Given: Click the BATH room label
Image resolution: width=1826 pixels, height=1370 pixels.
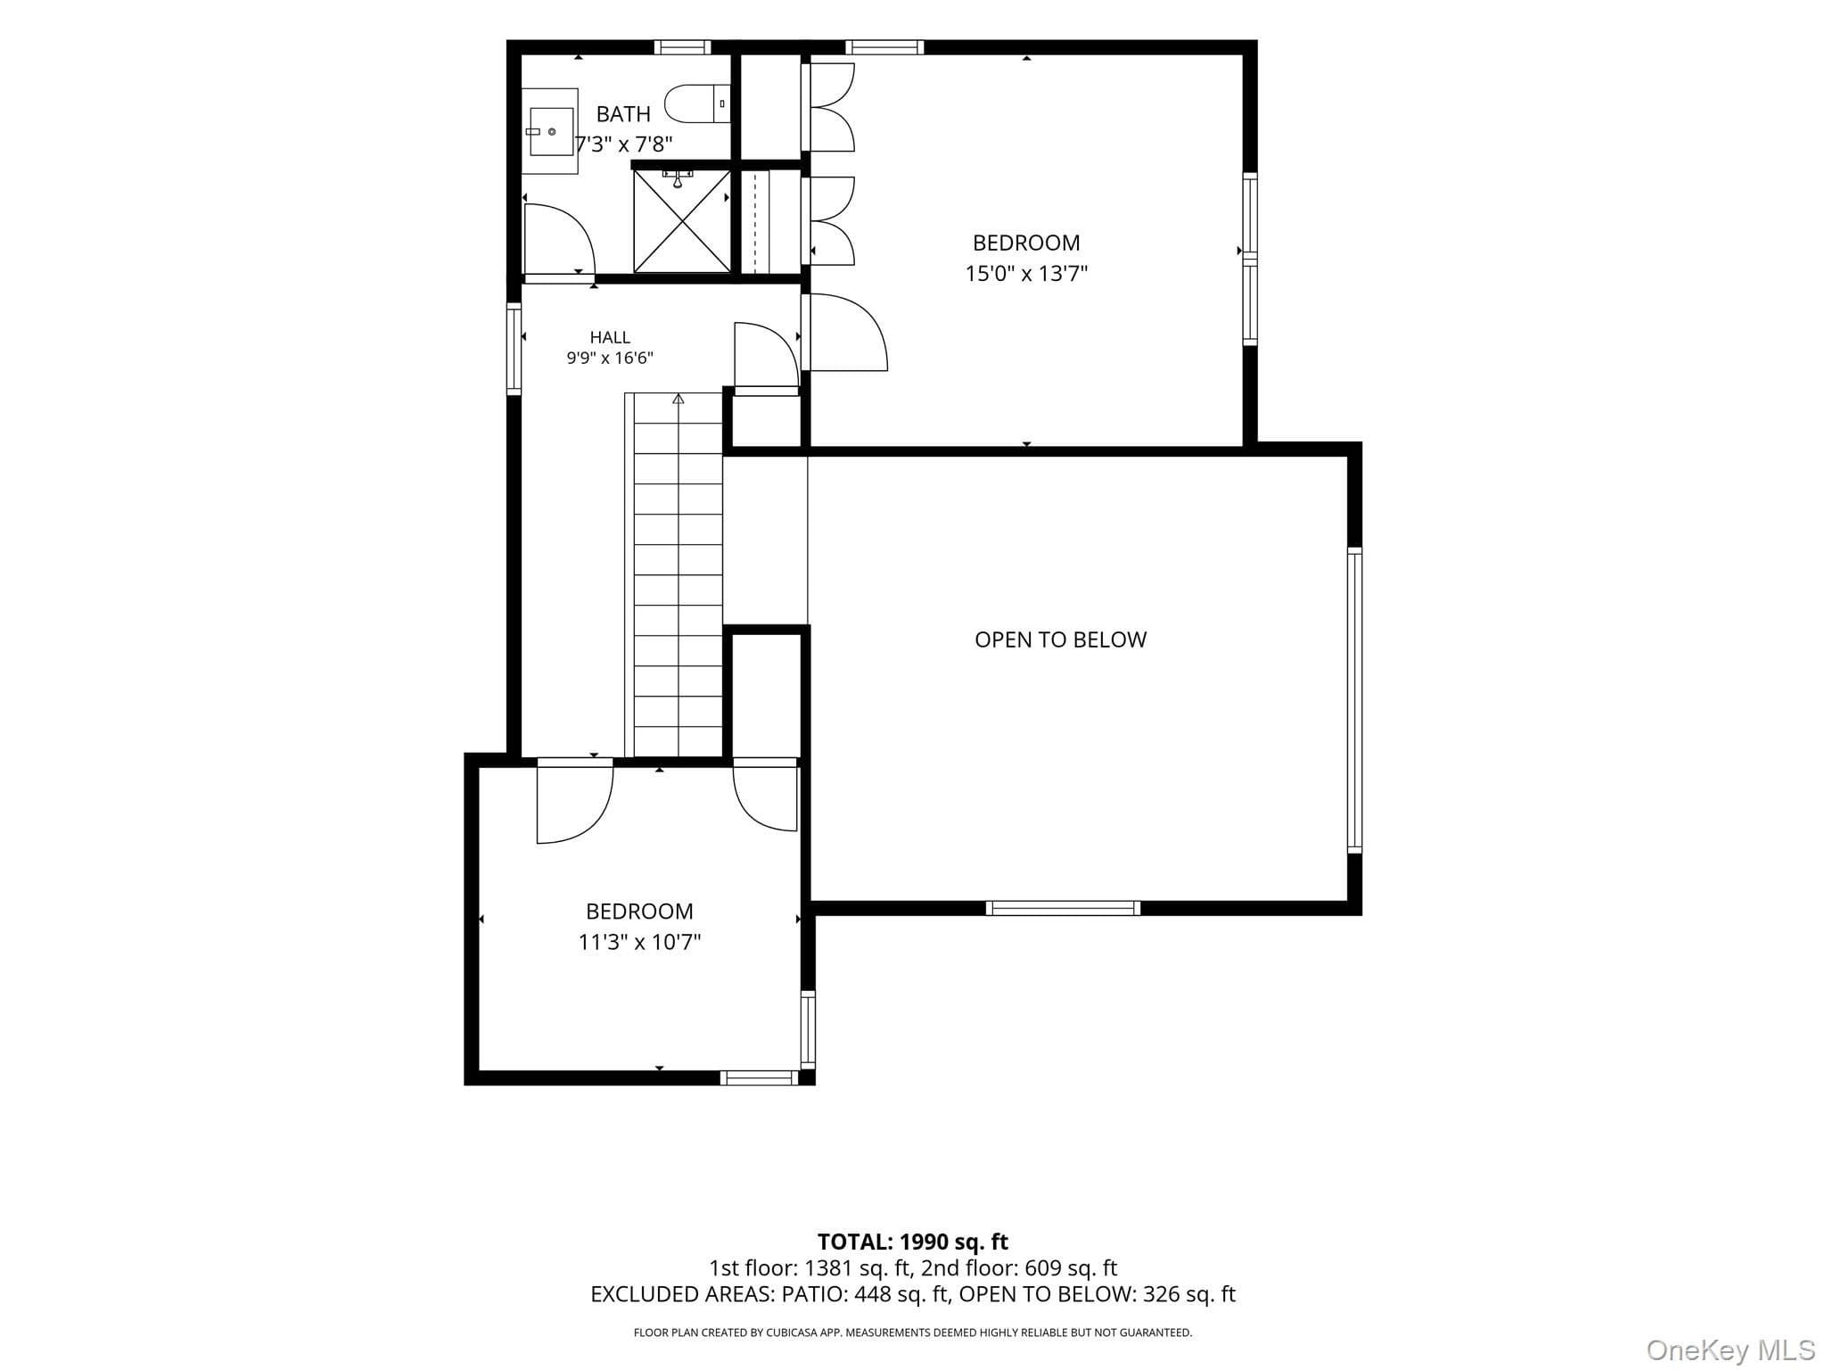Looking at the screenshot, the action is click(623, 114).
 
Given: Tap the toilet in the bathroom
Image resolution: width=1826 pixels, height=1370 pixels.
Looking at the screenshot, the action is click(698, 103).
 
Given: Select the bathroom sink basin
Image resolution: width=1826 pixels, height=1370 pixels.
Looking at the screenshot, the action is click(552, 131).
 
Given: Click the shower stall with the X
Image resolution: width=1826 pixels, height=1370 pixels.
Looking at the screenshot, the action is click(682, 220).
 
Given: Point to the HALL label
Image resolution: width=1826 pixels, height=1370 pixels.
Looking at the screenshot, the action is click(610, 337).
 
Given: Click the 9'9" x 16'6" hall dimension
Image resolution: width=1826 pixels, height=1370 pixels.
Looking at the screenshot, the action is click(610, 359).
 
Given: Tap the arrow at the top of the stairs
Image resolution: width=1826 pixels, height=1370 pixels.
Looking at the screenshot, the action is click(679, 399).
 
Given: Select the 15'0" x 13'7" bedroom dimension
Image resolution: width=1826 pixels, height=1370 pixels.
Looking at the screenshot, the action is click(1026, 273).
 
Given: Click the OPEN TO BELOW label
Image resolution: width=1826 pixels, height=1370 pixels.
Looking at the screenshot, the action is click(1060, 640).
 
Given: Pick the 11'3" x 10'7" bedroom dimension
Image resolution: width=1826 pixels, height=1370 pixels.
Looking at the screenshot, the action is click(639, 942).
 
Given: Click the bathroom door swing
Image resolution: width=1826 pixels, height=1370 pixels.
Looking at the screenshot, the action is click(559, 239).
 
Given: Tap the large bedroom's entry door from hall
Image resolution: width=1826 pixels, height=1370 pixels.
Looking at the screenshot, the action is click(844, 332).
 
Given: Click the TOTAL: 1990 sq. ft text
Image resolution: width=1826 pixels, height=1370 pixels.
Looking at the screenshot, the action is click(913, 1242).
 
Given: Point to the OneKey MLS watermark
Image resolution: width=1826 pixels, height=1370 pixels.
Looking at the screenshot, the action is click(1731, 1350).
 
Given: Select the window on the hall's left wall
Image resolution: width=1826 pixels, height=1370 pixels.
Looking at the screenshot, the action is click(514, 349).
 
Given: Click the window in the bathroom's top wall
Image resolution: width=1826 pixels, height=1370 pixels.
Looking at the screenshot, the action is click(682, 47).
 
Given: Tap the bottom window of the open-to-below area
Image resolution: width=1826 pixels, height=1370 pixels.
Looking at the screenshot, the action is click(1063, 908).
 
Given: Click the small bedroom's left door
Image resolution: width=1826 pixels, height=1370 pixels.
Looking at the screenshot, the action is click(575, 801).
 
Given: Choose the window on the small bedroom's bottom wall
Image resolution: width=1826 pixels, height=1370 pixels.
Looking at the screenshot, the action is click(759, 1077).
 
